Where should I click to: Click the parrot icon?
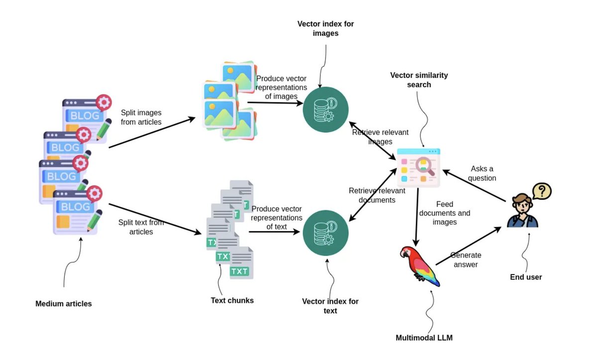[x=419, y=266]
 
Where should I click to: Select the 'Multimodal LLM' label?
[x=424, y=338]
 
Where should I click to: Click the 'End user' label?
[x=526, y=277]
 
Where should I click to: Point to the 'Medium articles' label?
[x=64, y=303]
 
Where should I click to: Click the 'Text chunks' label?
[x=232, y=300]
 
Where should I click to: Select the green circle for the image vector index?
[x=325, y=110]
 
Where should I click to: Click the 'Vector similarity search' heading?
[x=419, y=80]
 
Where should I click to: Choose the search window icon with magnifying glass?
[x=418, y=168]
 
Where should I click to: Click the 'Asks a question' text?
[x=483, y=174]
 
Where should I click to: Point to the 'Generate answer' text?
[x=466, y=260]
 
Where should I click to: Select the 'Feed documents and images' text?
[x=444, y=213]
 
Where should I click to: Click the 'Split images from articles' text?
[x=141, y=117]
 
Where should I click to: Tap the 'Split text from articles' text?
[x=141, y=227]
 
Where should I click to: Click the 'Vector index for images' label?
[x=325, y=28]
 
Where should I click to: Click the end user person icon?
[x=521, y=211]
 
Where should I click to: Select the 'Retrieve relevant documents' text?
[x=377, y=195]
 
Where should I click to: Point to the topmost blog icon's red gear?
[x=103, y=102]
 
